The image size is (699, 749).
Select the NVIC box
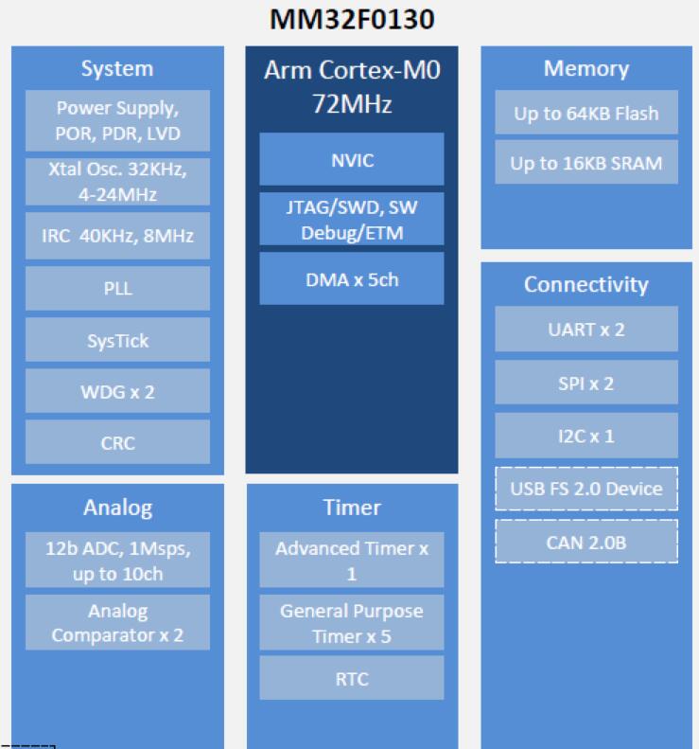click(x=351, y=159)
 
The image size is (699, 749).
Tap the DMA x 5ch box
click(x=351, y=278)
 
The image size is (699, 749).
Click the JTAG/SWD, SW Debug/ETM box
click(x=351, y=219)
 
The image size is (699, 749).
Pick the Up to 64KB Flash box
click(x=586, y=114)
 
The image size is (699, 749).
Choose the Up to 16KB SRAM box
click(x=586, y=163)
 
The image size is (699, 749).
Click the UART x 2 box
click(x=586, y=330)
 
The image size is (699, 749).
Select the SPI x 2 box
click(x=586, y=383)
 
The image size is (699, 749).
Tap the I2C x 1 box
click(x=586, y=436)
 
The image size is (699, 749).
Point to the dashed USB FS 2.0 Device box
click(x=586, y=489)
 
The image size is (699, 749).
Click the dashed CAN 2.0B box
click(x=586, y=542)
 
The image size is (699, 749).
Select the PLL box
click(x=118, y=289)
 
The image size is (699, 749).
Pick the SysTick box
click(x=118, y=340)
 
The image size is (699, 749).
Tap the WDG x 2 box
click(x=118, y=391)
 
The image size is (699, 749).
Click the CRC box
click(x=118, y=442)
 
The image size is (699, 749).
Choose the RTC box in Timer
click(x=351, y=678)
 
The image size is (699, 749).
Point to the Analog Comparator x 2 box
click(x=118, y=623)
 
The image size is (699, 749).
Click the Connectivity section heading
click(x=586, y=284)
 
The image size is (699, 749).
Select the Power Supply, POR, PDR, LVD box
click(x=118, y=120)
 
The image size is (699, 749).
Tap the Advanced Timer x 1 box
click(x=351, y=561)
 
